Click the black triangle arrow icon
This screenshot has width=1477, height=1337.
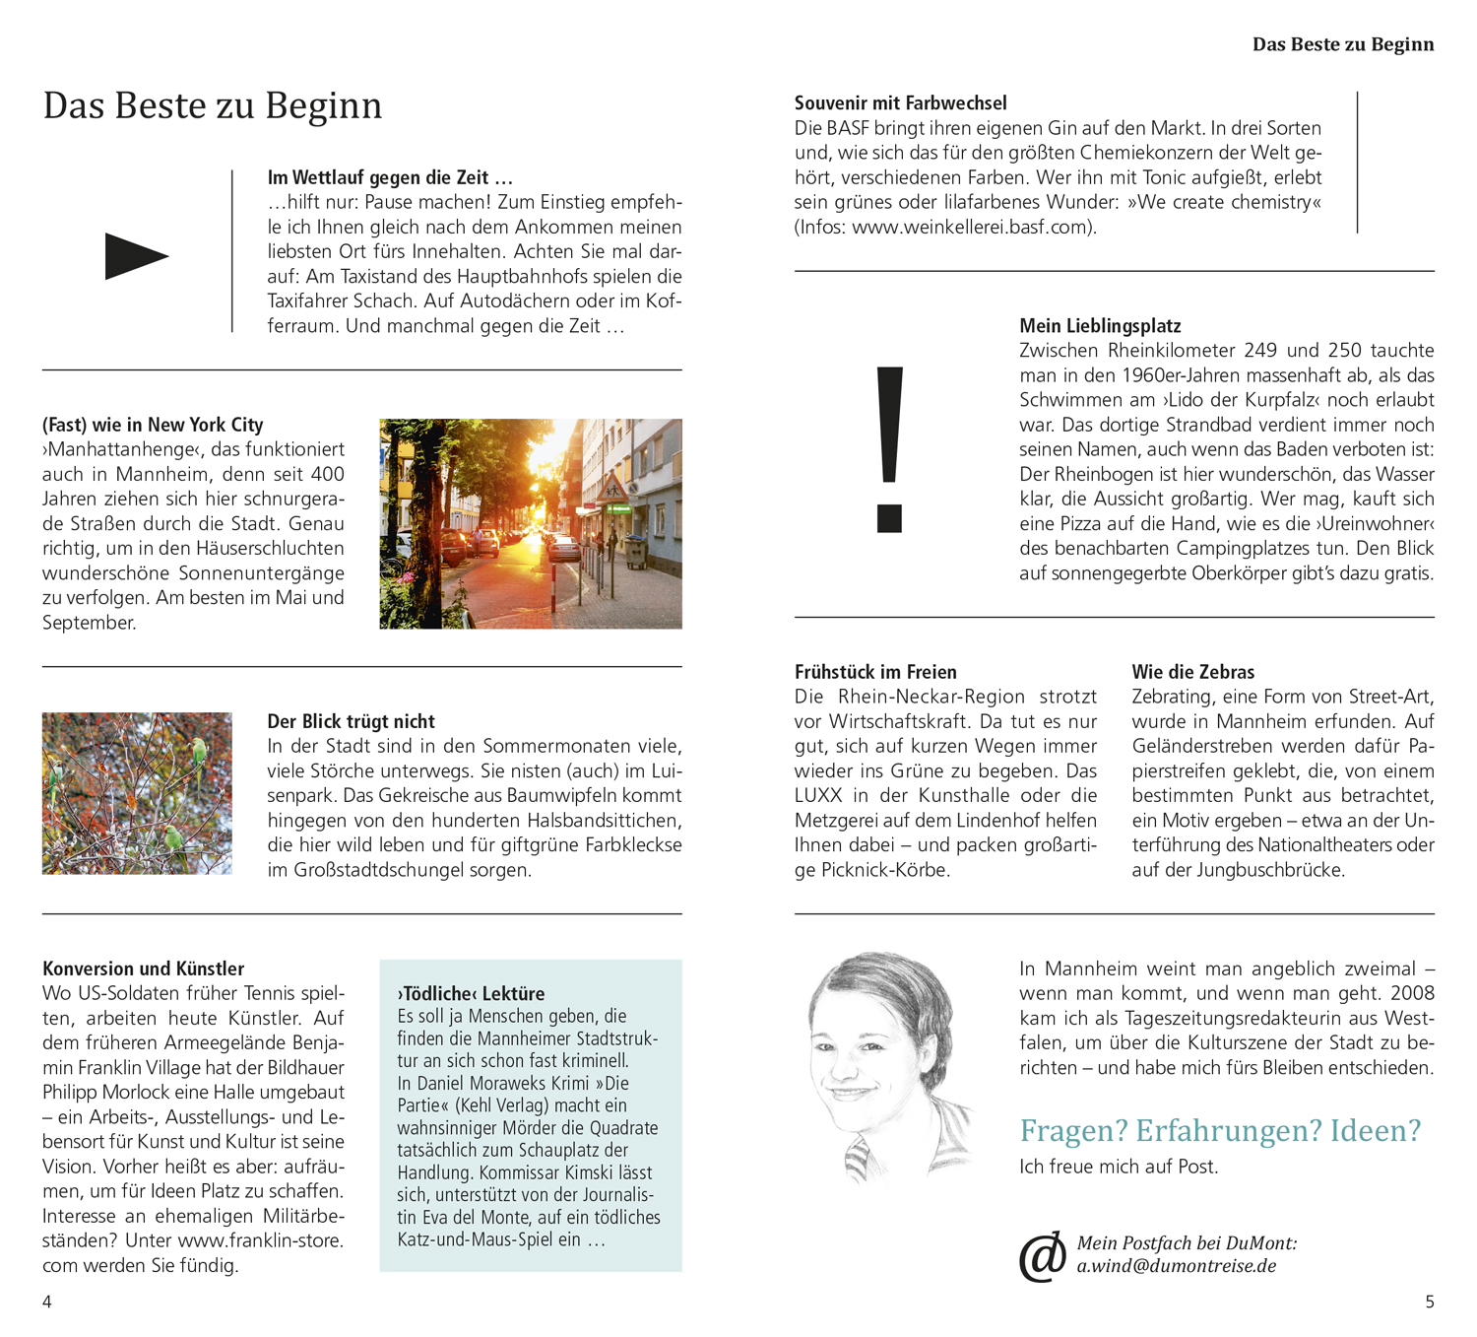point(136,256)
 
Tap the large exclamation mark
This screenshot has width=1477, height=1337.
point(889,449)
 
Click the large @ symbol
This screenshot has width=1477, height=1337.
point(1042,1256)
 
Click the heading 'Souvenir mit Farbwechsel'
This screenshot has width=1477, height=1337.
point(900,103)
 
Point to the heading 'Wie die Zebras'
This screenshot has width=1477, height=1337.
point(1192,672)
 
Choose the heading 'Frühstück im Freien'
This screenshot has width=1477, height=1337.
point(875,672)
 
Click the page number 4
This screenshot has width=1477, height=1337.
point(47,1303)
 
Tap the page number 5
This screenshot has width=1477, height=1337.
point(1430,1303)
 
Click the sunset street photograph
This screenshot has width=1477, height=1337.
point(531,523)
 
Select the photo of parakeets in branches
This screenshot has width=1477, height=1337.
point(137,793)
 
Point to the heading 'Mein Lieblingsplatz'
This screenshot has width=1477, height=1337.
point(1100,326)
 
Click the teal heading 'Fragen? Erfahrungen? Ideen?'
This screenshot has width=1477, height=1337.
point(1220,1130)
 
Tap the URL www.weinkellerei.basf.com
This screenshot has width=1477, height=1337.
point(971,227)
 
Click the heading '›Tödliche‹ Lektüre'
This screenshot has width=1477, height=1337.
point(471,994)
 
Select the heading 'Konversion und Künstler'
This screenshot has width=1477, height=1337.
point(143,969)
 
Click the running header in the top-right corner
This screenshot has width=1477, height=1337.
point(1342,44)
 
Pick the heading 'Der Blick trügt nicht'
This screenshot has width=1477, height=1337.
point(351,721)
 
